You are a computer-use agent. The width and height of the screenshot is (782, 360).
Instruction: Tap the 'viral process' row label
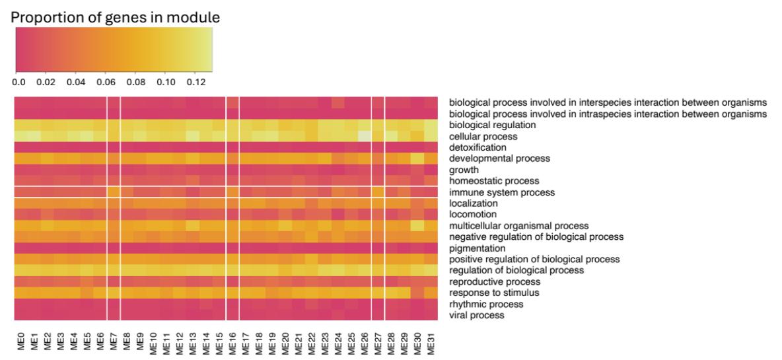click(477, 316)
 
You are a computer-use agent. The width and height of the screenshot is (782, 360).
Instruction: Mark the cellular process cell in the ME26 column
click(365, 136)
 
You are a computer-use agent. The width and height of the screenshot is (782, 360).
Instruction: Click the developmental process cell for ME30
click(417, 159)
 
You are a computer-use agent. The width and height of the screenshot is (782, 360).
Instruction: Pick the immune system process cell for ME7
click(114, 192)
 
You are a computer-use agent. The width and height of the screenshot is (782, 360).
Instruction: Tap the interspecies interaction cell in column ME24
click(338, 103)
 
